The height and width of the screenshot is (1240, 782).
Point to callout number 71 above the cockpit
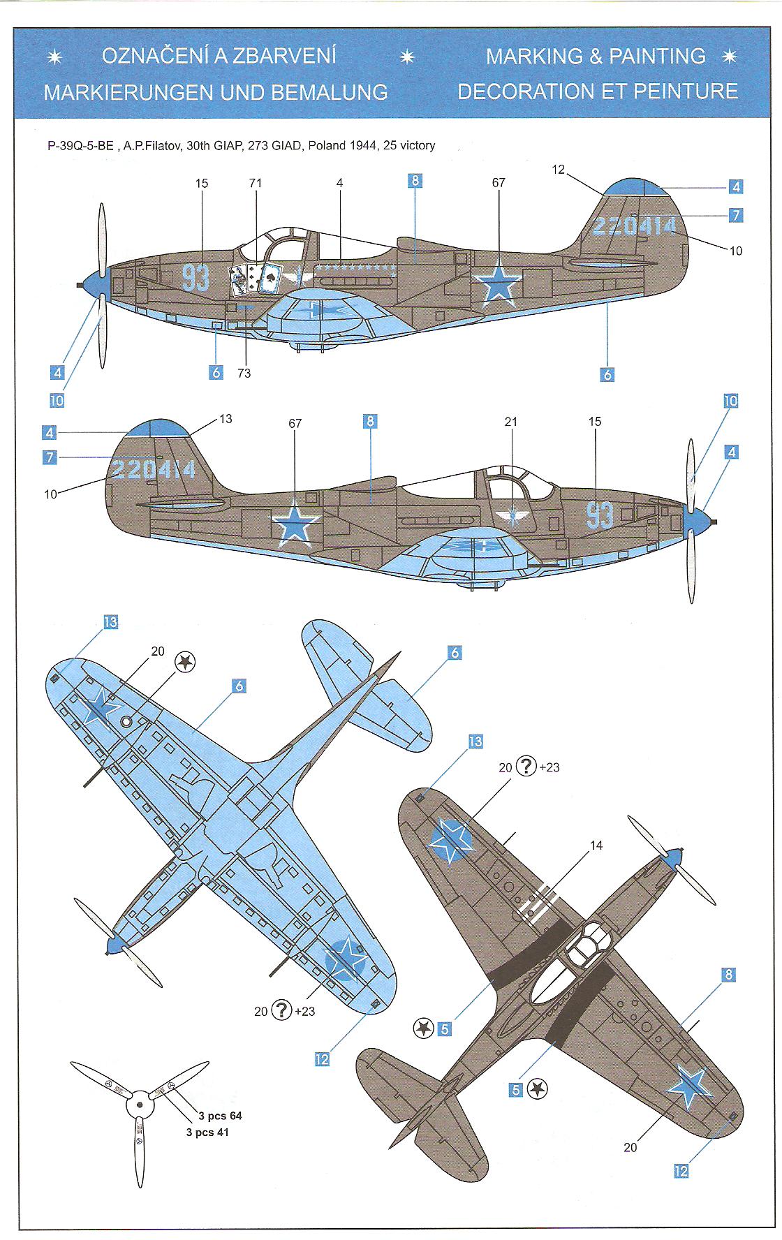[255, 183]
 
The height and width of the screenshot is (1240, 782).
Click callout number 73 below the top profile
[244, 374]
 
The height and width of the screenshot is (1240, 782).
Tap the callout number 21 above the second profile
[511, 422]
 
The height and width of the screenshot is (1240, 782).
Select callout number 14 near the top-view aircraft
[596, 846]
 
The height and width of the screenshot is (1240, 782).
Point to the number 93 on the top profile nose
[196, 278]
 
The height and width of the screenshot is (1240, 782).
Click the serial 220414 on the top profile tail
[634, 226]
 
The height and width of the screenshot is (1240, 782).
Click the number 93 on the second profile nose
[600, 515]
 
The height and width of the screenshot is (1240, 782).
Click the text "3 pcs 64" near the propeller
[220, 1116]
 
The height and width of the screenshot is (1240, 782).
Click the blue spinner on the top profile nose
[91, 282]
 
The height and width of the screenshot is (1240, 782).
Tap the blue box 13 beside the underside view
[110, 622]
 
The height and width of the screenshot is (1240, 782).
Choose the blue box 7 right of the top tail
[735, 215]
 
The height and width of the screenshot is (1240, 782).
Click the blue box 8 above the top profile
[415, 181]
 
